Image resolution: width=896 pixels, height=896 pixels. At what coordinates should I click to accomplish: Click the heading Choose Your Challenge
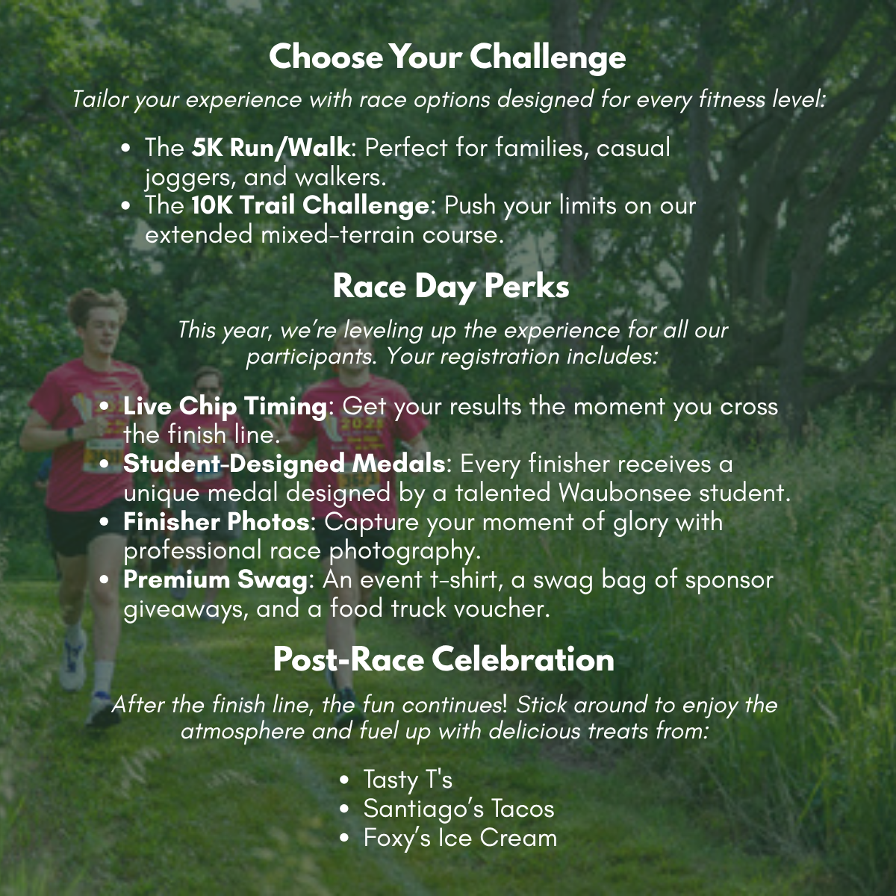pyautogui.click(x=447, y=57)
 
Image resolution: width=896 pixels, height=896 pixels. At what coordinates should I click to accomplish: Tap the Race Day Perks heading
pyautogui.click(x=451, y=287)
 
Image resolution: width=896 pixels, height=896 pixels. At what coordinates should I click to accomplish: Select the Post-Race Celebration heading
pyautogui.click(x=444, y=659)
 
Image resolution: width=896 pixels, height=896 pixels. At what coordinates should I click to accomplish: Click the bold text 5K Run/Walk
pyautogui.click(x=270, y=148)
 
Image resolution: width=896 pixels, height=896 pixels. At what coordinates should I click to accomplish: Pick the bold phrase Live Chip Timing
pyautogui.click(x=225, y=406)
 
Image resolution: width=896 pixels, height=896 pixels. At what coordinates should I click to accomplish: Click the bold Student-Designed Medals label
pyautogui.click(x=284, y=464)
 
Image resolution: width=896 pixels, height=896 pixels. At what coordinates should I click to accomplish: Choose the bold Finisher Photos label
pyautogui.click(x=216, y=521)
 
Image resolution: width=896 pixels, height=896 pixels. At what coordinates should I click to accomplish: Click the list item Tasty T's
pyautogui.click(x=408, y=780)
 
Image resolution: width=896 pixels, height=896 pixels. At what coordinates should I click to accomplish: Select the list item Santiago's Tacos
pyautogui.click(x=458, y=809)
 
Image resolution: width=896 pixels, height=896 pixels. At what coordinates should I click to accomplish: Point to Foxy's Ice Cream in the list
pyautogui.click(x=460, y=838)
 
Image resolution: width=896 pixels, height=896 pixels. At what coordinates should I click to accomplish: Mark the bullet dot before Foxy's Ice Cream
pyautogui.click(x=344, y=839)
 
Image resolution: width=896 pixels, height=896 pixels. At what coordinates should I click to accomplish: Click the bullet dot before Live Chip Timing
pyautogui.click(x=105, y=407)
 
